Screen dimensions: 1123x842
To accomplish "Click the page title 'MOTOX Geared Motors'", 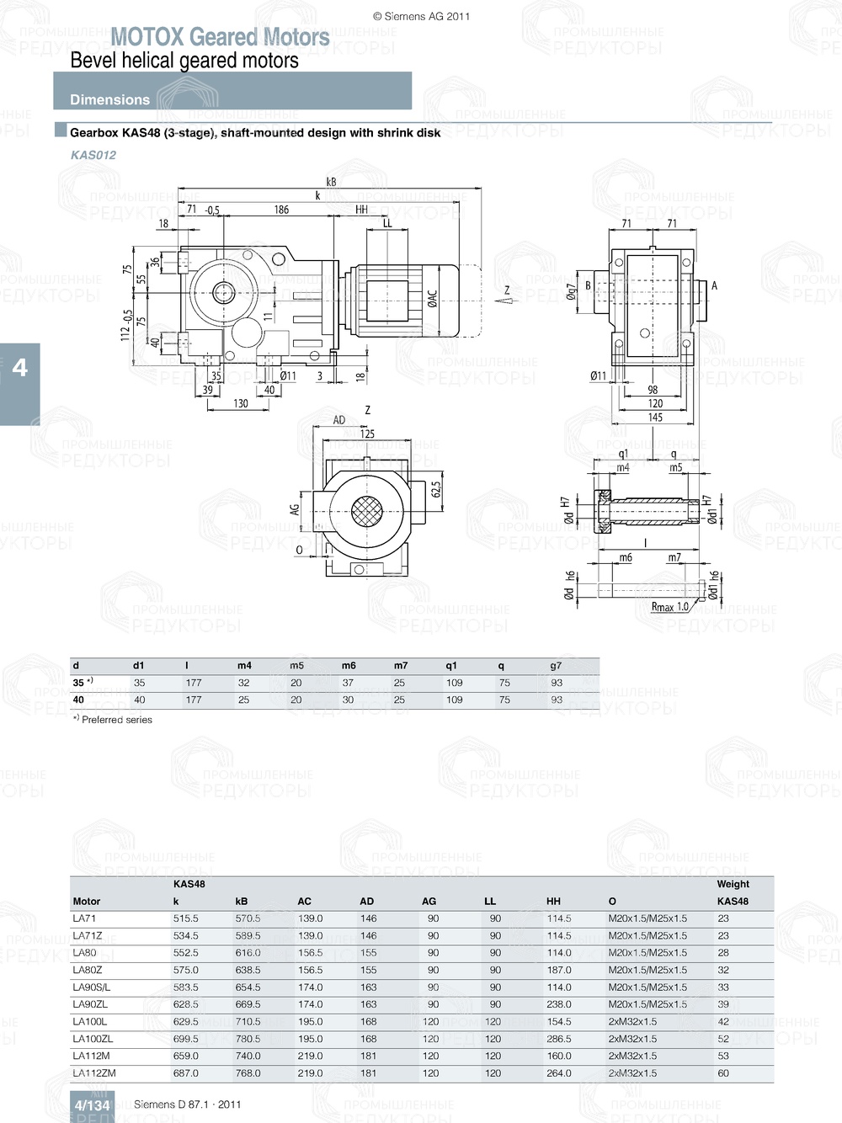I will tap(220, 37).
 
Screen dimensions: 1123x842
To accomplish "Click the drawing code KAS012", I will tap(93, 155).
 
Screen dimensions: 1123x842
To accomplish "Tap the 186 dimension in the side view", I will tap(281, 210).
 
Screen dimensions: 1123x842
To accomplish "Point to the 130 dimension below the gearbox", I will tap(241, 403).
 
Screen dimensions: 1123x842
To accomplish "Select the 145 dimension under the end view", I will tap(655, 418).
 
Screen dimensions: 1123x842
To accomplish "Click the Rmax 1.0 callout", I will tap(669, 606).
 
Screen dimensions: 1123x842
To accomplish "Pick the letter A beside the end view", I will tap(714, 286).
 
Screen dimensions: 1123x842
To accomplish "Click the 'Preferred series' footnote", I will tap(116, 720).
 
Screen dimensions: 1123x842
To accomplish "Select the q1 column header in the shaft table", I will tap(451, 665).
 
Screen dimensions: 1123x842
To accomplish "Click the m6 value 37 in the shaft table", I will tap(348, 683).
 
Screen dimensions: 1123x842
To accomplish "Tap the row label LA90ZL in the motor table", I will tap(90, 1004).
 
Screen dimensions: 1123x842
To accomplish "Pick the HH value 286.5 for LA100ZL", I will tap(558, 1039).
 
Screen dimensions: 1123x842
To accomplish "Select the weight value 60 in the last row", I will tap(723, 1073).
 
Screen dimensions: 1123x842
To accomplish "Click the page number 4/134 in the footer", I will tap(92, 1105).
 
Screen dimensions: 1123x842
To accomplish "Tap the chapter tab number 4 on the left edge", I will tap(19, 368).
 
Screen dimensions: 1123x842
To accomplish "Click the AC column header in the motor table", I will tap(304, 902).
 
